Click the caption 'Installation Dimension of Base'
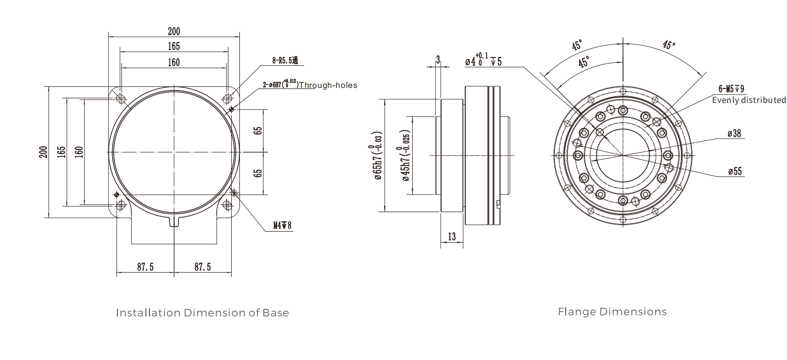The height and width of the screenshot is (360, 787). click(x=202, y=313)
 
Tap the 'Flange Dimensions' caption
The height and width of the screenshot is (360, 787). click(x=612, y=312)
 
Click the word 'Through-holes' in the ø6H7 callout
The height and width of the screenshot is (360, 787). click(x=328, y=85)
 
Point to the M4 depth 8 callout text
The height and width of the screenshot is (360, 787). click(x=282, y=226)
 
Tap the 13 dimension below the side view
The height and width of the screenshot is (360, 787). click(x=452, y=236)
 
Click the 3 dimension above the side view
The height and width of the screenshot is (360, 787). click(x=438, y=60)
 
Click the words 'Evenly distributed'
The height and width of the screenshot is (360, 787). click(x=749, y=100)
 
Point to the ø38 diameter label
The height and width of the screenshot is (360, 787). click(x=734, y=133)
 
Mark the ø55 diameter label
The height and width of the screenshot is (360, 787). click(x=734, y=171)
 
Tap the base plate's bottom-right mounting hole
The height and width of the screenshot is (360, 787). click(x=227, y=205)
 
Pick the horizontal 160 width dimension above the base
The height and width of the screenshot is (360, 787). click(x=174, y=62)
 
